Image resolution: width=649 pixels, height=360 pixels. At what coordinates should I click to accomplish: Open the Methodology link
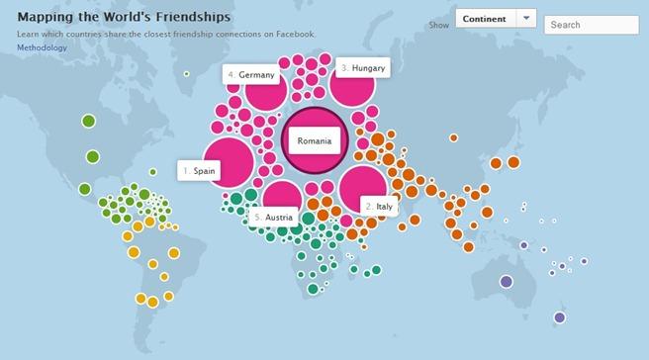point(42,47)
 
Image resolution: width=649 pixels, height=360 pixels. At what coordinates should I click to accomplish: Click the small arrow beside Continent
point(525,19)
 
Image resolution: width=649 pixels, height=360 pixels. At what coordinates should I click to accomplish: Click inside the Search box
point(590,25)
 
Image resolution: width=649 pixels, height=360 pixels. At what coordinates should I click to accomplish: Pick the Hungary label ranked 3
point(363,67)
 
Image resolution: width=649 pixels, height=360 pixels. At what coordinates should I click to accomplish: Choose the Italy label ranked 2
point(379,207)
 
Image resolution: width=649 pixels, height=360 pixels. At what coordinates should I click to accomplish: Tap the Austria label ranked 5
point(273,218)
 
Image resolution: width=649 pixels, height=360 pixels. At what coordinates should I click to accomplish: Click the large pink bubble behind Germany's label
point(267,94)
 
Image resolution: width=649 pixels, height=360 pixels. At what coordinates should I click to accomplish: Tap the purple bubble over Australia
point(507,282)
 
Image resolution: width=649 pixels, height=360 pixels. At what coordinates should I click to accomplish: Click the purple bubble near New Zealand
point(560,317)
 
